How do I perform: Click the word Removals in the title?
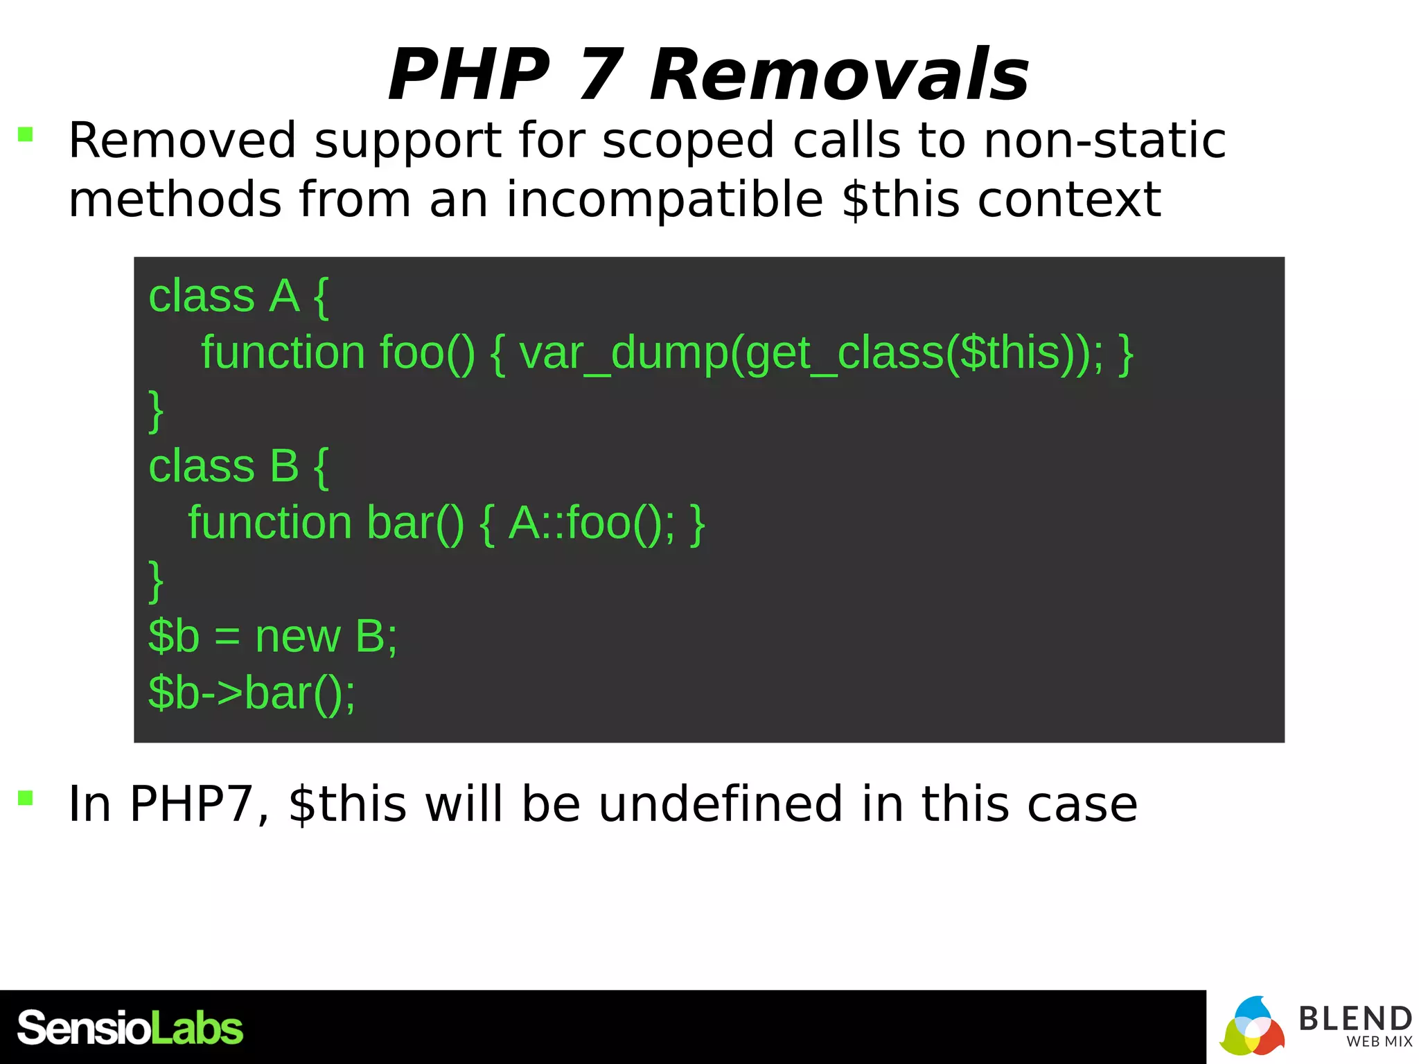point(839,75)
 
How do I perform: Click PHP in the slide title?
point(469,75)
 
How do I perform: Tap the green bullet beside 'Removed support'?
point(26,134)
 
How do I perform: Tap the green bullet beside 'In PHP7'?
point(26,798)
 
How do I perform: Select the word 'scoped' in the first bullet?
point(687,142)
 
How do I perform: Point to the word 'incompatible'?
point(664,200)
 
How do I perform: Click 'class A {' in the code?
point(238,296)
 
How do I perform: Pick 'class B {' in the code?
point(238,466)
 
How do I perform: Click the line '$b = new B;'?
point(272,636)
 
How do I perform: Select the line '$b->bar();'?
point(252,693)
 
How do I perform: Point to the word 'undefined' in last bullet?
point(721,804)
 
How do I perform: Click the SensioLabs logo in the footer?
point(130,1028)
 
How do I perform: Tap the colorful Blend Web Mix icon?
point(1251,1027)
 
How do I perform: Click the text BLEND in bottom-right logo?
point(1355,1018)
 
